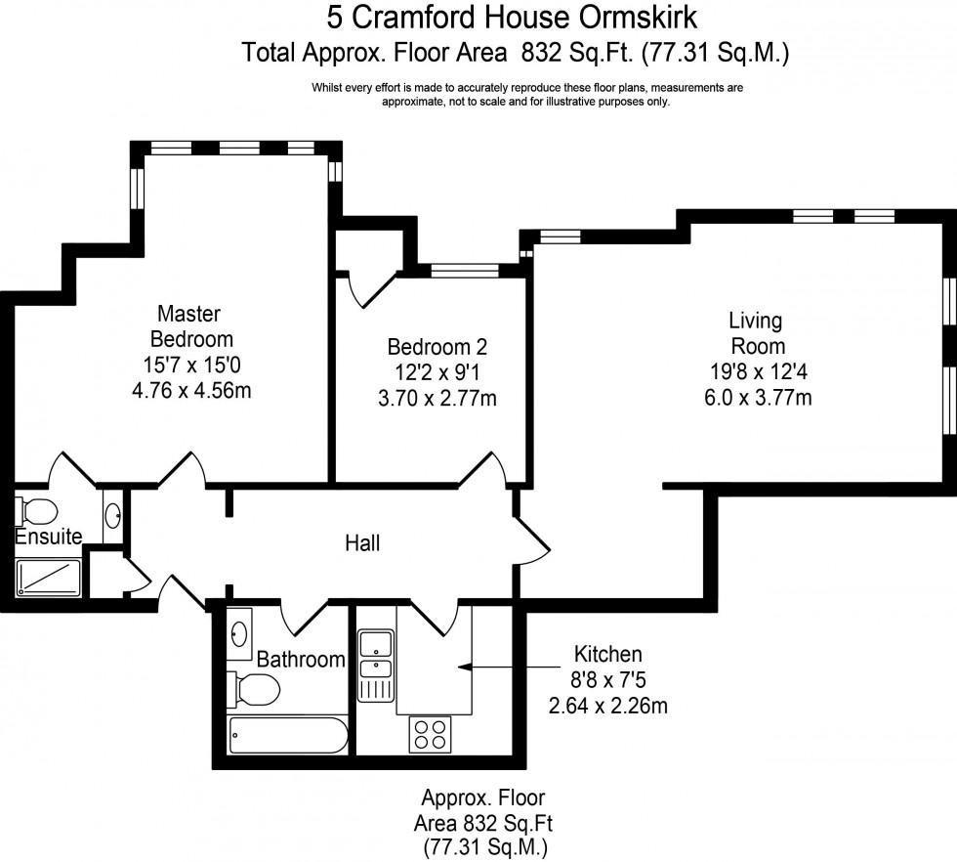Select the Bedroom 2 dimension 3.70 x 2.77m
(x=437, y=398)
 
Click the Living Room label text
(x=757, y=332)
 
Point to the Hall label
(x=362, y=543)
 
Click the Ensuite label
(x=48, y=536)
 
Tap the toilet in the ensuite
(x=36, y=511)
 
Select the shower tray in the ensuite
(x=48, y=578)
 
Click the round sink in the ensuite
(x=112, y=512)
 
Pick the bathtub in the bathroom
(x=287, y=736)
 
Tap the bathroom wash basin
(x=240, y=635)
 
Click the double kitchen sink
(x=374, y=656)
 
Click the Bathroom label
(x=301, y=660)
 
